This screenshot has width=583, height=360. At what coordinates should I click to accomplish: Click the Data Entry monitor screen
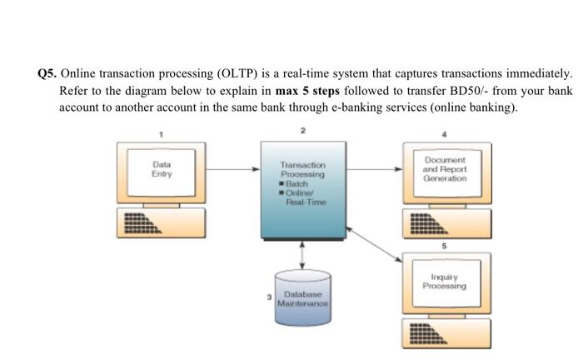162,170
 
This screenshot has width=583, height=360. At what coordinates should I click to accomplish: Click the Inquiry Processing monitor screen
444,281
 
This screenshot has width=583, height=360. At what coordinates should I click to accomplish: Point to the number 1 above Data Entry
162,133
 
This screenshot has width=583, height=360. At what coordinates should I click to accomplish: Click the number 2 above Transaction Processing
302,131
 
